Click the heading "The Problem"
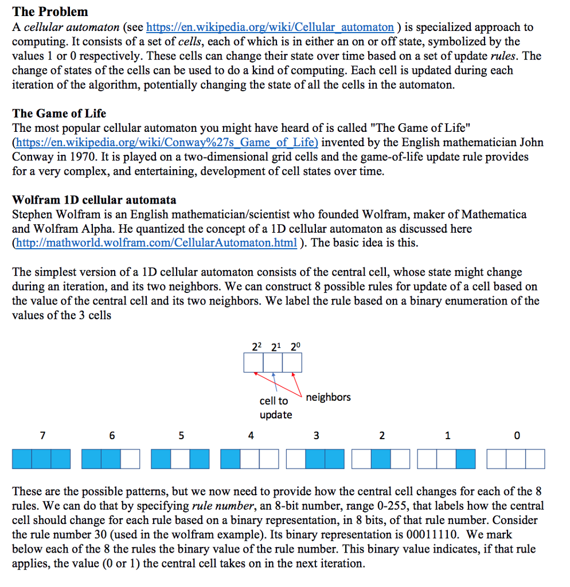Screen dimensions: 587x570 tap(50, 11)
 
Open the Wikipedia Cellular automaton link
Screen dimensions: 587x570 tap(270, 27)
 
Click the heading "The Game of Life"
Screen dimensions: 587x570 tap(59, 113)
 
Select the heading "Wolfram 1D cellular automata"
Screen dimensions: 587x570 tap(94, 200)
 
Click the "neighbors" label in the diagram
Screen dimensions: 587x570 tap(328, 397)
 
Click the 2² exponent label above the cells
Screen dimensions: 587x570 tap(256, 346)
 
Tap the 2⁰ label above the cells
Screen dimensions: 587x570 tap(295, 346)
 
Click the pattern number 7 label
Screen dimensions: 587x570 tap(42, 436)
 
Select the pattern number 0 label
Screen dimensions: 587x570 tap(517, 436)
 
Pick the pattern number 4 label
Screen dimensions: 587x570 tap(251, 436)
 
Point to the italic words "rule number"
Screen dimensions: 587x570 tap(219, 506)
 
